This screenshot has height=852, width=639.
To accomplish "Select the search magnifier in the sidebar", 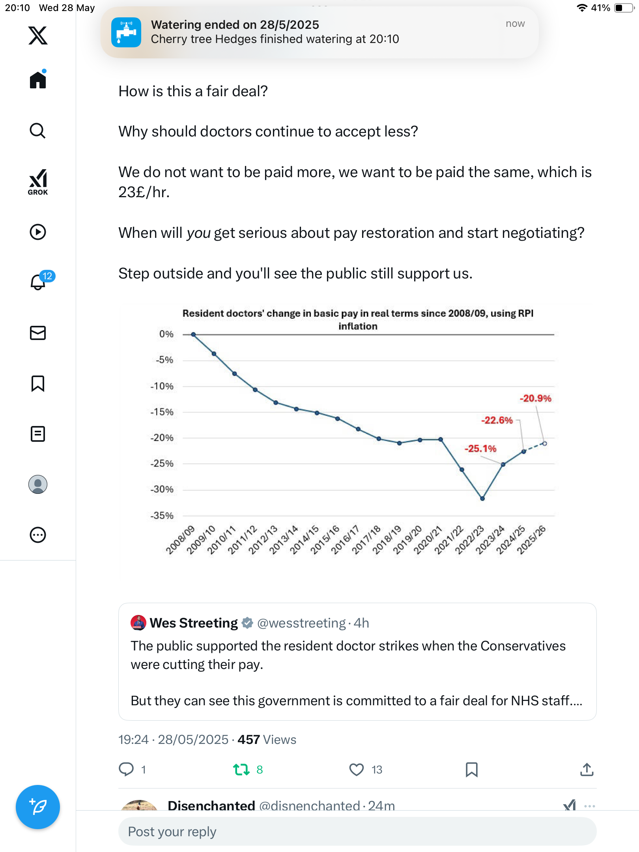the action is tap(38, 131).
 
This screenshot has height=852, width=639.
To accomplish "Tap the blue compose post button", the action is tap(38, 807).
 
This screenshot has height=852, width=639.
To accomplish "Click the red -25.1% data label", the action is tap(480, 448).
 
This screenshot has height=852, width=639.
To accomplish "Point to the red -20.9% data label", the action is tap(535, 398).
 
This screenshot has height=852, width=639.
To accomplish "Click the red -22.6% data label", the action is tap(497, 420).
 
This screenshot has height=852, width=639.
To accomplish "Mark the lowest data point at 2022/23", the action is tap(482, 499).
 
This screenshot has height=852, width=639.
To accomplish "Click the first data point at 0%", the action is tap(193, 334).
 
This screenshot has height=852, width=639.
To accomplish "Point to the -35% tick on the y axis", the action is tap(162, 516).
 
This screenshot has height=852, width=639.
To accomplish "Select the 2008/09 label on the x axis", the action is tap(181, 540).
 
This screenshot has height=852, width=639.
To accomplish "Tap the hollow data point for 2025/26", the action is tap(545, 443).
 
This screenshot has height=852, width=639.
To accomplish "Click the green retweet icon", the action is tap(241, 770).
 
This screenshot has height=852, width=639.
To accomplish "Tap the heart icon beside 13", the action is tap(357, 770).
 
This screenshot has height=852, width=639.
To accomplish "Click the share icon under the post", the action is tap(587, 769).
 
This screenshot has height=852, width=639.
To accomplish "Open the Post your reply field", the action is tap(357, 831).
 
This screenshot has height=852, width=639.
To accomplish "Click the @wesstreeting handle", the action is tap(301, 623).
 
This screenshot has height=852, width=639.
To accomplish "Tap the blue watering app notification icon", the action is tap(126, 32).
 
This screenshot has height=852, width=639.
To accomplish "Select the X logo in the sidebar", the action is tap(38, 35).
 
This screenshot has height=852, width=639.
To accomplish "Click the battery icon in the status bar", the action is tap(624, 8).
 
